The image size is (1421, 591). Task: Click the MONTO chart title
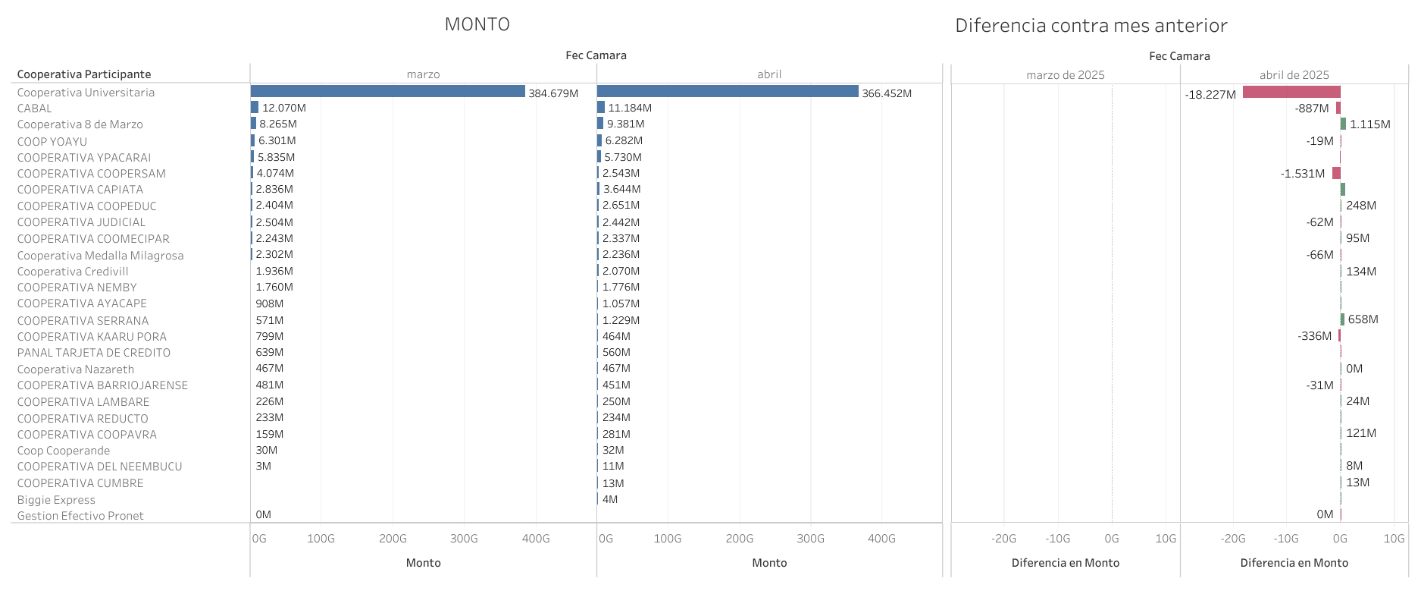pyautogui.click(x=477, y=24)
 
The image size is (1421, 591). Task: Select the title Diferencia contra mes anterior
pyautogui.click(x=1091, y=26)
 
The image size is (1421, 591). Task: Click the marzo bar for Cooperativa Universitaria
pyautogui.click(x=387, y=92)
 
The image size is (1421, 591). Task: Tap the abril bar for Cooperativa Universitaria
pyautogui.click(x=728, y=92)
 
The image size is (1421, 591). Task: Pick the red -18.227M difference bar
pyautogui.click(x=1291, y=93)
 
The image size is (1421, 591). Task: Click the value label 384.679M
pyautogui.click(x=553, y=93)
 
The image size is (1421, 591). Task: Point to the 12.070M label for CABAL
pyautogui.click(x=284, y=108)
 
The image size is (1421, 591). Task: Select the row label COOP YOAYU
pyautogui.click(x=52, y=141)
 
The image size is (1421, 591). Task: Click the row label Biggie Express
pyautogui.click(x=56, y=500)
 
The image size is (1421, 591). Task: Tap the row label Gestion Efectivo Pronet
pyautogui.click(x=80, y=516)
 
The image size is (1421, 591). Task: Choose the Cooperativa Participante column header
pyautogui.click(x=84, y=74)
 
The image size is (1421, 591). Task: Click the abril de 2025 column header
pyautogui.click(x=1294, y=75)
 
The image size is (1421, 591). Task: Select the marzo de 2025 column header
pyautogui.click(x=1065, y=75)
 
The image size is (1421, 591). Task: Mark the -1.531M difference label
pyautogui.click(x=1303, y=174)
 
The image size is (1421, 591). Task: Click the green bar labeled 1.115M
pyautogui.click(x=1343, y=124)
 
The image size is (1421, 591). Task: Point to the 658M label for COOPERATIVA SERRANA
pyautogui.click(x=1363, y=319)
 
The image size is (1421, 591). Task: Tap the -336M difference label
pyautogui.click(x=1314, y=336)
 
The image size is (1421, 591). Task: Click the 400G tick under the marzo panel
pyautogui.click(x=536, y=539)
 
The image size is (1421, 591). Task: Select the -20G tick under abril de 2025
pyautogui.click(x=1232, y=539)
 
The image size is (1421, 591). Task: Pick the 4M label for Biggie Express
pyautogui.click(x=610, y=499)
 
